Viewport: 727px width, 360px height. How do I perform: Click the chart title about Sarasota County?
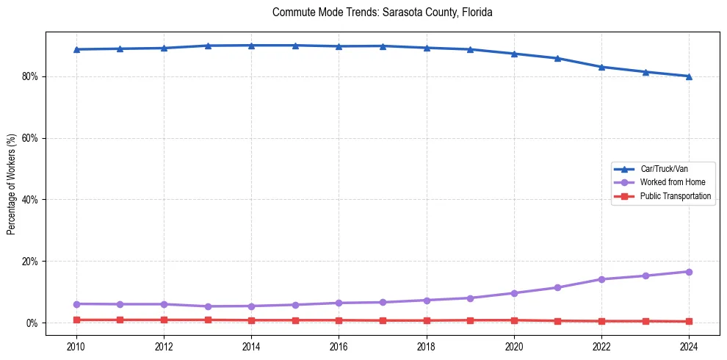(382, 12)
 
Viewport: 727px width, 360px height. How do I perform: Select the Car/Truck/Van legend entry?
(664, 169)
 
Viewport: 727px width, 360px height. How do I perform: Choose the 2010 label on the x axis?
(76, 345)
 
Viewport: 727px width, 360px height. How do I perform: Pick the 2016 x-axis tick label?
(339, 345)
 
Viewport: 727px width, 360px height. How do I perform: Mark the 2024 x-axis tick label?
(689, 345)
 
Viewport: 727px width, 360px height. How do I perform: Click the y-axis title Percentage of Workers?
(12, 184)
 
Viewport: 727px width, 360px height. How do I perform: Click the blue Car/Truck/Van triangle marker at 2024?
(689, 76)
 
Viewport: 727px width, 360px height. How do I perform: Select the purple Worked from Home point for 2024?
(689, 272)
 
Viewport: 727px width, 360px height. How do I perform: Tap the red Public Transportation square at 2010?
(76, 320)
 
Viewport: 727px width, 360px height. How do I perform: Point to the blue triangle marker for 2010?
(76, 49)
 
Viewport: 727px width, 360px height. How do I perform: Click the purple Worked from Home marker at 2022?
(601, 279)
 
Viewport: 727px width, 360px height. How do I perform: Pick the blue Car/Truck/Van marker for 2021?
(557, 58)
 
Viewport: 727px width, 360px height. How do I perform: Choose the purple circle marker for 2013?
(208, 306)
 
